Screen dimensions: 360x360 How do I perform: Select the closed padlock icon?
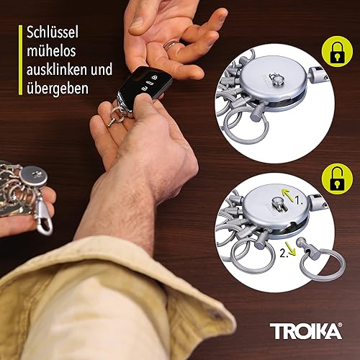[x=336, y=51]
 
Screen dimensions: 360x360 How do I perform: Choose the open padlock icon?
[x=336, y=178]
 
